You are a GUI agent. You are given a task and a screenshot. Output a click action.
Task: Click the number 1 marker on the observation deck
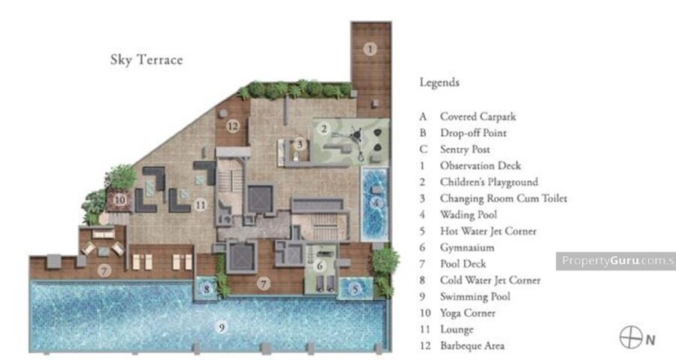370,49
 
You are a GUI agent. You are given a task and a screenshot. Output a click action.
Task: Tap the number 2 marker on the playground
324,128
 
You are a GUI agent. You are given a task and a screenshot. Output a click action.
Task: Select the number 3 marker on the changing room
300,144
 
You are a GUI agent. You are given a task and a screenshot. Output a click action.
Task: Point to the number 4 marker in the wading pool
376,203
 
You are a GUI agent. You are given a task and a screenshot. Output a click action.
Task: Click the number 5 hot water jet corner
355,289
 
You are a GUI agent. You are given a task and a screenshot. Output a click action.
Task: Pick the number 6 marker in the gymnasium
319,265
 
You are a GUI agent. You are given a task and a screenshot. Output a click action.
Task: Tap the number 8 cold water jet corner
207,289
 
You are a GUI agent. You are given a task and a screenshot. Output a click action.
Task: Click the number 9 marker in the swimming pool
222,327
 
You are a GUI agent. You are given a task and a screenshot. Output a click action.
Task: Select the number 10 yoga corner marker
120,200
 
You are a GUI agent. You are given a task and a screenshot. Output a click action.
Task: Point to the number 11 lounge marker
200,204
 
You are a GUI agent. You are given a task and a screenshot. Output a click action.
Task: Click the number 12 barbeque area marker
233,126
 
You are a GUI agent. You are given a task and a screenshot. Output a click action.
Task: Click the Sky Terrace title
146,59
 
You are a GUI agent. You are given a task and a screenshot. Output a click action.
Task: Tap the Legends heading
439,83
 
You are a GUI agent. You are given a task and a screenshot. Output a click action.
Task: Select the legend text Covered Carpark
478,116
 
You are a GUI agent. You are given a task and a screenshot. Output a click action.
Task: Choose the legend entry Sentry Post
465,150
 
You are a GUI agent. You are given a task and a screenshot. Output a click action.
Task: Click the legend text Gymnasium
467,247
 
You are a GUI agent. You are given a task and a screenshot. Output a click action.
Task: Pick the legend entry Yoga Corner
467,313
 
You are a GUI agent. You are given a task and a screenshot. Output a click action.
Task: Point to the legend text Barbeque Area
472,346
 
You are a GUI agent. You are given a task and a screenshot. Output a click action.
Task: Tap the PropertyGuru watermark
616,261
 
